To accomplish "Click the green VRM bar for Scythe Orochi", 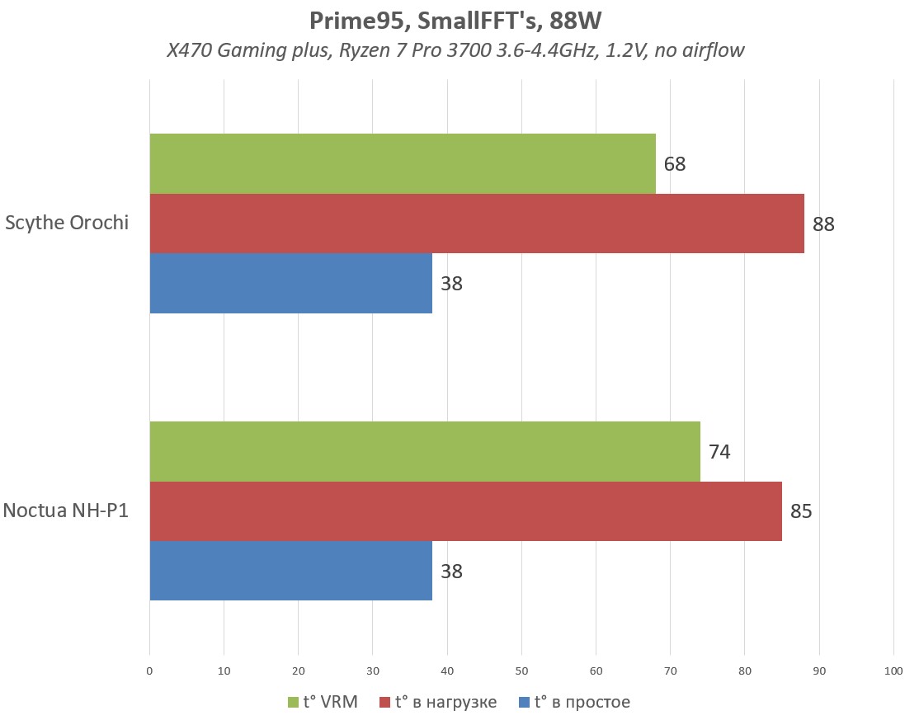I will (x=403, y=163).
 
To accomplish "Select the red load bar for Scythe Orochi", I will (x=477, y=224).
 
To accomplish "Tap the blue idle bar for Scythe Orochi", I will (x=290, y=283).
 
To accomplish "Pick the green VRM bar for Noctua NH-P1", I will (x=425, y=451).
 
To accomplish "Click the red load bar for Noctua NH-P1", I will (x=465, y=511).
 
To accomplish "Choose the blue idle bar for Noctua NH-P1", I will (x=290, y=571).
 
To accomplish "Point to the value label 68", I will (x=675, y=163).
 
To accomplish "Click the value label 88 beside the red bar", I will (x=823, y=224).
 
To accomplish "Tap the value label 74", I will (x=719, y=451).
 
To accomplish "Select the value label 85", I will (x=801, y=511).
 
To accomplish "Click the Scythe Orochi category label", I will (x=67, y=223).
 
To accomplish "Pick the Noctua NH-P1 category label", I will (x=66, y=511).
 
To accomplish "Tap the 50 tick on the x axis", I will (x=521, y=671).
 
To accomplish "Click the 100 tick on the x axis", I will (x=893, y=671).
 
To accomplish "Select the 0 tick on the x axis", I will (x=149, y=671).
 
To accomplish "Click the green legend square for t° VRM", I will (x=292, y=703).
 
